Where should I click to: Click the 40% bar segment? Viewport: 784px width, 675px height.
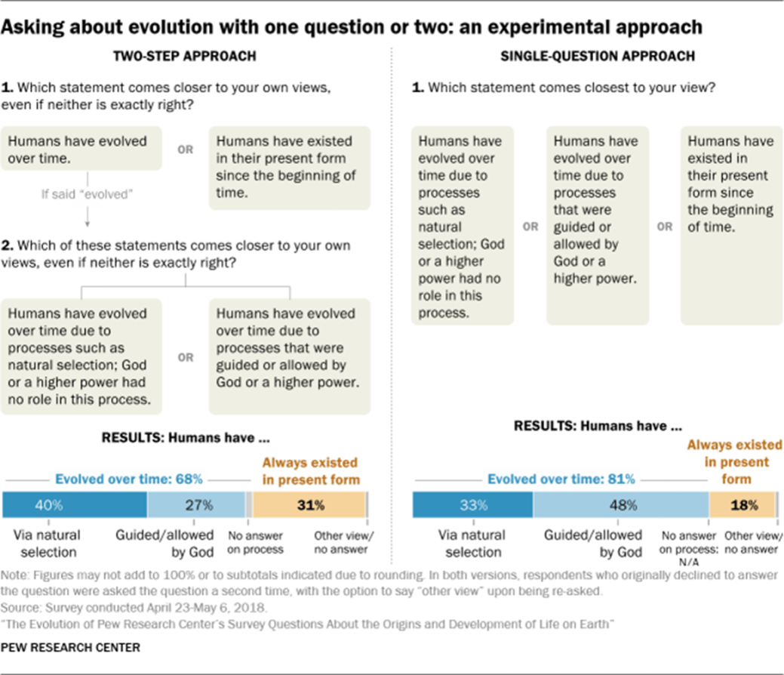point(75,504)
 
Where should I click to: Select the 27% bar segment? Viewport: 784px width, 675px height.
point(195,504)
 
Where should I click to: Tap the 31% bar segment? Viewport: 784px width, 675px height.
point(309,504)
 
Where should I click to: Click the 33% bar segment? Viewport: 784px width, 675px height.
point(472,504)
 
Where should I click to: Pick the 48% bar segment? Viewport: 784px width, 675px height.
point(620,504)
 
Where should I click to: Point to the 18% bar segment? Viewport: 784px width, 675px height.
point(742,504)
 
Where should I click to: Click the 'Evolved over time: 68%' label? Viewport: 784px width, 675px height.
point(127,479)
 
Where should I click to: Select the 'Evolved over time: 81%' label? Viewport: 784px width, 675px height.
point(561,479)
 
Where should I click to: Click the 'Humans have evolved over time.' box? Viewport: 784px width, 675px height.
point(83,149)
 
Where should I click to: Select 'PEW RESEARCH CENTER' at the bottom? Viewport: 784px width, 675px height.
point(72,648)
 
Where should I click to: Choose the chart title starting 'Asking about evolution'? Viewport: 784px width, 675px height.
point(353,27)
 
